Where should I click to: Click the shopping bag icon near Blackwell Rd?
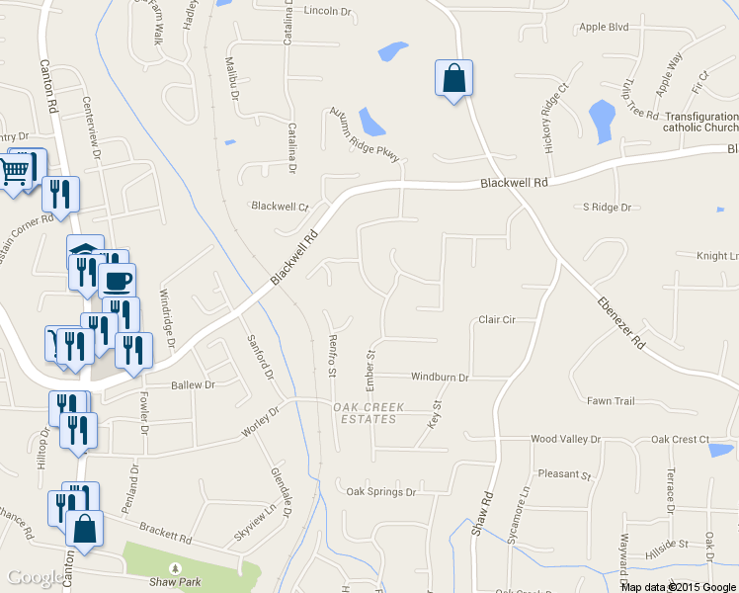(x=453, y=78)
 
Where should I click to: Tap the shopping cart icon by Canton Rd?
(x=14, y=174)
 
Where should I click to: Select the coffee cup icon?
(x=118, y=280)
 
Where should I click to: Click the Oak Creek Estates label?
(x=365, y=413)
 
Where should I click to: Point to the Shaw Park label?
(x=177, y=582)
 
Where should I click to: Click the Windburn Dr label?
(x=440, y=377)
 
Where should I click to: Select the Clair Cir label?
(x=498, y=320)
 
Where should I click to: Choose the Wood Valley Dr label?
(x=565, y=439)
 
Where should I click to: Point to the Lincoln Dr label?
(x=329, y=11)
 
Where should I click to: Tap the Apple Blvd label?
(x=605, y=27)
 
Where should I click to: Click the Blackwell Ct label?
(x=280, y=207)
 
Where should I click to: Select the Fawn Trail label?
(x=611, y=401)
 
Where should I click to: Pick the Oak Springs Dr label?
(x=381, y=491)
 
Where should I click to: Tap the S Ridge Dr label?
(x=607, y=207)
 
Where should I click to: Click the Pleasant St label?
(x=564, y=474)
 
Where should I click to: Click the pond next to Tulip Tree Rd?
(x=601, y=121)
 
